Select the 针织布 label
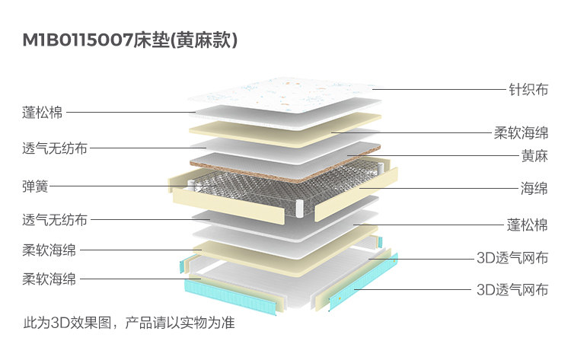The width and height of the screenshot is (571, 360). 528,89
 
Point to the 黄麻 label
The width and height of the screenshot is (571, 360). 533,157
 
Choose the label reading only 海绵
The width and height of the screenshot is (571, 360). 533,187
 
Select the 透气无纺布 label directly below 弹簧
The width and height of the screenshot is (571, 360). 55,221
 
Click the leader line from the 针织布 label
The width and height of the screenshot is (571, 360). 434,89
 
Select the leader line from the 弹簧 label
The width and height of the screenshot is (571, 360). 114,185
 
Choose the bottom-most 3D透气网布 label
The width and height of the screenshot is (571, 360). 512,289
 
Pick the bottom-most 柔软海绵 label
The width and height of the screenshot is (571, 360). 49,279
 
